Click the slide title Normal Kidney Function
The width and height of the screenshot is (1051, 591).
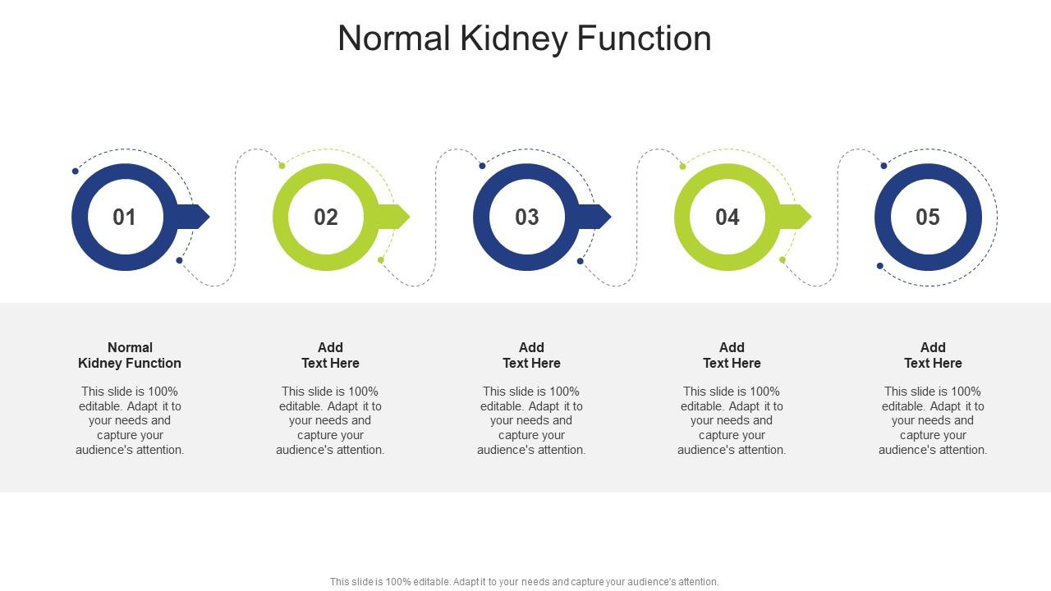tap(524, 39)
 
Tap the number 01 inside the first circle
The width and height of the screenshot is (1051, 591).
tap(124, 218)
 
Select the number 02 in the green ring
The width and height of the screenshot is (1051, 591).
tap(326, 218)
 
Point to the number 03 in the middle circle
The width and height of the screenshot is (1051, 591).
tap(526, 218)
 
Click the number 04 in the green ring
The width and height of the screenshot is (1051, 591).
tap(727, 218)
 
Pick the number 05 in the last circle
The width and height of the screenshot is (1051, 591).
tap(928, 218)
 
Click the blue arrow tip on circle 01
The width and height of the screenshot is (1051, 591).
tap(198, 217)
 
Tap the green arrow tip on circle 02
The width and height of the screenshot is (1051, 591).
tap(398, 217)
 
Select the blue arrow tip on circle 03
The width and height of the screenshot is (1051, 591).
tap(599, 217)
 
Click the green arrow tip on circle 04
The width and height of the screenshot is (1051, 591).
tap(800, 217)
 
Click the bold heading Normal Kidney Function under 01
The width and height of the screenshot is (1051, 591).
tap(130, 355)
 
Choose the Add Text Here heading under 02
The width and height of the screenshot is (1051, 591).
tap(330, 355)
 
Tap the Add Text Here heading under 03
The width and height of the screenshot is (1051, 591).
tap(531, 355)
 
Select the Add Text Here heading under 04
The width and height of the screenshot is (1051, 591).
tap(732, 355)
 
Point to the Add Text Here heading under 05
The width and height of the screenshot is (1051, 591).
tap(933, 355)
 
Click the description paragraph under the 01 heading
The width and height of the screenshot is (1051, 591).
tap(130, 420)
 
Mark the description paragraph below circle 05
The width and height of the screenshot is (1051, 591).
tap(933, 420)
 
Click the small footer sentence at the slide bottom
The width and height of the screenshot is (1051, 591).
tap(524, 582)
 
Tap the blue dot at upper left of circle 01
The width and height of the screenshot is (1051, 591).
tap(76, 171)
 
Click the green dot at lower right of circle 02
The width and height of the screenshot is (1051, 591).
tap(381, 260)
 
